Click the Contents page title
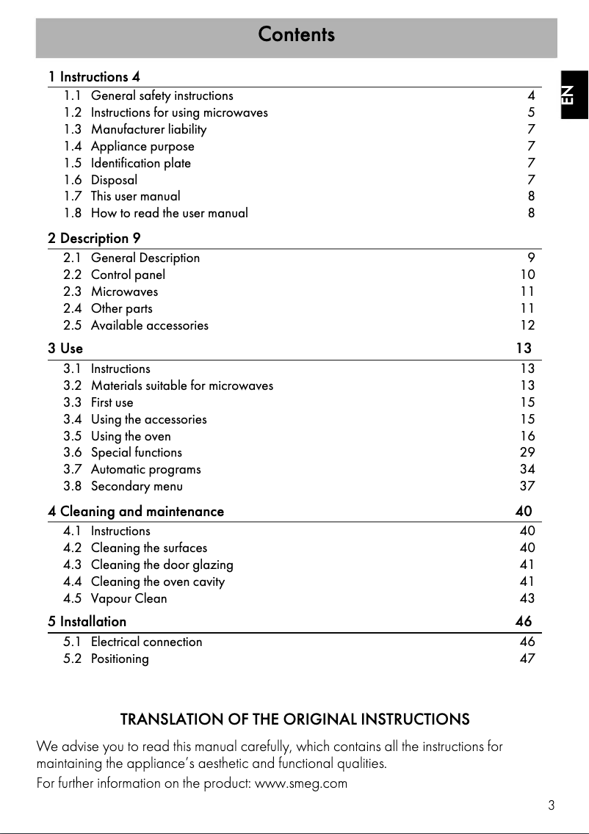tap(296, 35)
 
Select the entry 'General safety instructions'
tap(162, 95)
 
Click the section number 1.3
tap(72, 129)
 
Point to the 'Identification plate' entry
tap(140, 163)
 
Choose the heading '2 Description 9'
tap(94, 239)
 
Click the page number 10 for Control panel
tap(527, 275)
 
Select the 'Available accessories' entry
tap(149, 325)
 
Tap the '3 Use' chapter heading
tap(65, 348)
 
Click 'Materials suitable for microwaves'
tap(181, 385)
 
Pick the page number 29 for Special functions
tap(527, 452)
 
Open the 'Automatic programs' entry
tap(145, 469)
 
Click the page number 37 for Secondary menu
tap(527, 486)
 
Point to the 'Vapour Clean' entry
tap(129, 598)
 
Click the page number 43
tap(527, 598)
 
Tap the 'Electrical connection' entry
tap(146, 642)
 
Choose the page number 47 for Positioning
tap(527, 659)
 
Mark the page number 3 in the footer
tap(551, 805)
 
